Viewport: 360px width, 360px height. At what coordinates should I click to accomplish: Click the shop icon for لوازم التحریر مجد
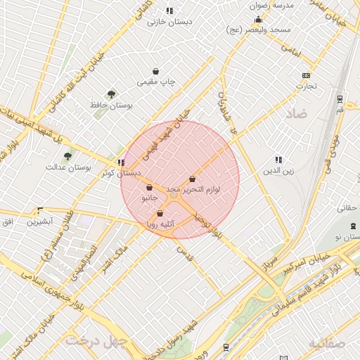click(192, 179)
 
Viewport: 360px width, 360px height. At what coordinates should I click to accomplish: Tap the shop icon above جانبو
click(150, 187)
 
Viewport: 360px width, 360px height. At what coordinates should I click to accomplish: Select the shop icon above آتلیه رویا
click(160, 213)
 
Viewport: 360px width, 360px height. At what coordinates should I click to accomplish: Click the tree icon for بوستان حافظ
click(111, 94)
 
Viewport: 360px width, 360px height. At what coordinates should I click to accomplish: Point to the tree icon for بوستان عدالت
click(67, 156)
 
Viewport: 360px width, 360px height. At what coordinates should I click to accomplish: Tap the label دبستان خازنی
click(169, 22)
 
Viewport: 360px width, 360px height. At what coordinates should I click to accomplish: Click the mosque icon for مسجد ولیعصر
click(259, 20)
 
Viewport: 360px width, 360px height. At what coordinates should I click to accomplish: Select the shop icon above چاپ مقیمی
click(155, 71)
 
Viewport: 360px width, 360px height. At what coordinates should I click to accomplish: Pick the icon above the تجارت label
click(306, 75)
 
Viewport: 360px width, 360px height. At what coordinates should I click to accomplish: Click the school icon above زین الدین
click(278, 160)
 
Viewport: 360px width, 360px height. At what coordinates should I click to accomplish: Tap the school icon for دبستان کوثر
click(122, 162)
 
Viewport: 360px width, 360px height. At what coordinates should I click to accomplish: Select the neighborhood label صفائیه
click(327, 342)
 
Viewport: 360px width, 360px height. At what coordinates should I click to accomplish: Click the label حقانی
click(349, 208)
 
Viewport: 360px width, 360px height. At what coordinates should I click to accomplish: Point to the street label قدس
click(184, 250)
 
